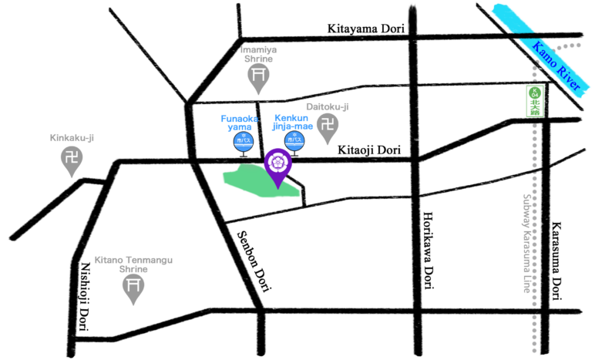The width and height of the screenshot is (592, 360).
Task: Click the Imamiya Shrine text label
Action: [258, 54]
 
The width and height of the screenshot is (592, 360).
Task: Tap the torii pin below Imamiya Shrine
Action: [258, 76]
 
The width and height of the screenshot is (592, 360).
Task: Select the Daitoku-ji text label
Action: [328, 106]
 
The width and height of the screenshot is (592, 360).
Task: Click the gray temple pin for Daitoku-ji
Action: [328, 126]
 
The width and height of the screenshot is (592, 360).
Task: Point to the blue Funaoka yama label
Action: [239, 123]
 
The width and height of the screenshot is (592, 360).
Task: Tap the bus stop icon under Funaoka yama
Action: [244, 142]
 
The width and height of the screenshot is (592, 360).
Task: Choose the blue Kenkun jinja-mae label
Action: [293, 123]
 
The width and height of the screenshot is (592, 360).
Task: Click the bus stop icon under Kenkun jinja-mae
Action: [294, 141]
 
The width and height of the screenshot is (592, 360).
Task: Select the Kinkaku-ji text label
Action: [72, 138]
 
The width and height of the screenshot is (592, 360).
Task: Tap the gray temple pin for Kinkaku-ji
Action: [72, 160]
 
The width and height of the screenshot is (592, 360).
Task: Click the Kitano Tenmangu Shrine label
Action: [133, 264]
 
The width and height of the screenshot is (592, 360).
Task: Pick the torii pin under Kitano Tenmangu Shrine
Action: [133, 288]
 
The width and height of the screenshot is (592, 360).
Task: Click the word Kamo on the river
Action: [543, 54]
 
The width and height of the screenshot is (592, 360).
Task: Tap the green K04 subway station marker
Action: [534, 101]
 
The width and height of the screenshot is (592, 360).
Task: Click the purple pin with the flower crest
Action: [277, 164]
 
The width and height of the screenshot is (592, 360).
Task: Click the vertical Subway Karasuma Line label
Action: [528, 242]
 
